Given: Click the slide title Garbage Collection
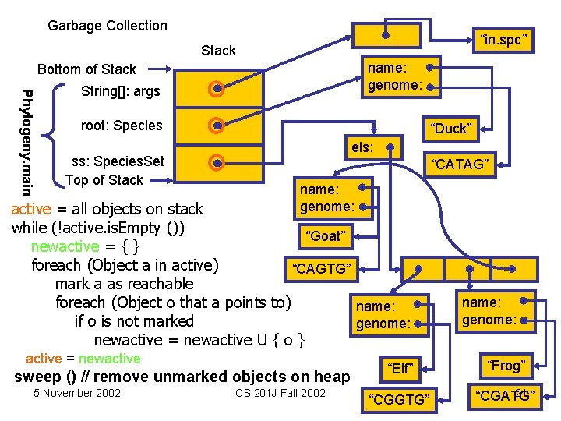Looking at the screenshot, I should point(108,26).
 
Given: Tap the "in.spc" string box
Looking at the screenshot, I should point(506,38).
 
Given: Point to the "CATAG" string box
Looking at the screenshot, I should point(461,164).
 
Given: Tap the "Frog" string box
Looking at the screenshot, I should point(506,365).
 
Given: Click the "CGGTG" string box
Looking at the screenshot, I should point(400,399).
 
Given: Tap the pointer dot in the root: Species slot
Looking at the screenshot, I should point(218,126).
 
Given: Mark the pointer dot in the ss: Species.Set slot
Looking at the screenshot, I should point(218,162).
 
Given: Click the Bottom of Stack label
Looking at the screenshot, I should point(86,69).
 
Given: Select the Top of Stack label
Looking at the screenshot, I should point(104,180).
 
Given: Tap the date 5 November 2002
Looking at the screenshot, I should point(77,393).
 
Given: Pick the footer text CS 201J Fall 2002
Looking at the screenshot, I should point(280,393).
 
